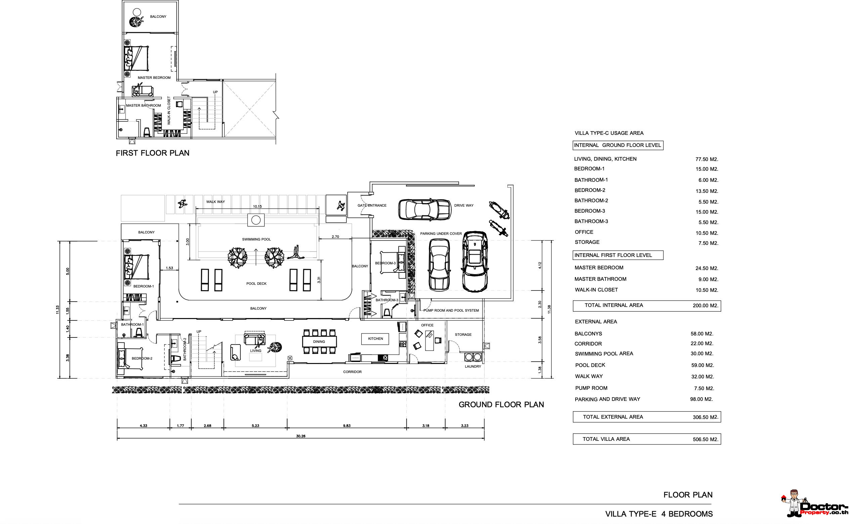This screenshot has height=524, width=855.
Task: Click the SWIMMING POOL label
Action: pos(257,240)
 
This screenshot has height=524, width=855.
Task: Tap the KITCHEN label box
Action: pos(375,339)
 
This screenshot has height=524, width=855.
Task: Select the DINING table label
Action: pos(319,342)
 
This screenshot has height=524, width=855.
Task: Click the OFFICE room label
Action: pos(427,325)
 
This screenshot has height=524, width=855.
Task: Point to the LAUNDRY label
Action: pos(473,367)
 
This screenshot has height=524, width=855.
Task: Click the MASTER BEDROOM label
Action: pos(154,77)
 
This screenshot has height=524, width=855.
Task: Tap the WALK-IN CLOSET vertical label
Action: pos(169,111)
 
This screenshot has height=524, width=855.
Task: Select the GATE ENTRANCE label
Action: pos(372,206)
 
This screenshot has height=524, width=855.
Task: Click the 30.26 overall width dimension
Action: pos(301,436)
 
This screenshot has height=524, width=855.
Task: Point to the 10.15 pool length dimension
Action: pos(257,207)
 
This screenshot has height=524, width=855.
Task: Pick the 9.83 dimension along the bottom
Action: pos(347,426)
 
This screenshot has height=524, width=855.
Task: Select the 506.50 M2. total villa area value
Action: pos(706,439)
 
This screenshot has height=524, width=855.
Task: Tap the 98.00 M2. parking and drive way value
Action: pos(701,399)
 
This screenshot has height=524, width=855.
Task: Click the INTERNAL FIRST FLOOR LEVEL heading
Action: pos(613,255)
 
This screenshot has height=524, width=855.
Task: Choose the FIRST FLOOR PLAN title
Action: pos(153,153)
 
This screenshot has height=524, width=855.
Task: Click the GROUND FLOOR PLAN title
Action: pos(501,405)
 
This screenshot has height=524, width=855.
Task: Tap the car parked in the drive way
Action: pos(424,210)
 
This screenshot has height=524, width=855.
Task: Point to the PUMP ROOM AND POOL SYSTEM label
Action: pos(451,311)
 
